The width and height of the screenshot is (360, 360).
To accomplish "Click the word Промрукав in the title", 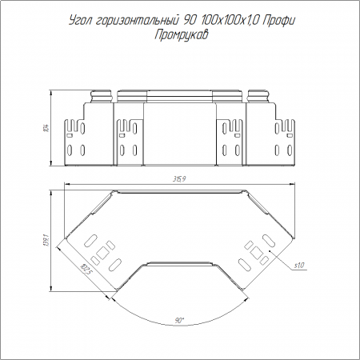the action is (x=181, y=35).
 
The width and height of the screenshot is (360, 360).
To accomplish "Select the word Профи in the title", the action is (x=279, y=21).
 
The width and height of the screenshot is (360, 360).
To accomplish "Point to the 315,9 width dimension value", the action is (x=179, y=179).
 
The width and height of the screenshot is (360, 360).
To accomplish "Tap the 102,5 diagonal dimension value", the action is (x=85, y=270).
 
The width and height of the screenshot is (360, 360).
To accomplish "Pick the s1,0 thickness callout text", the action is (x=299, y=266).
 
